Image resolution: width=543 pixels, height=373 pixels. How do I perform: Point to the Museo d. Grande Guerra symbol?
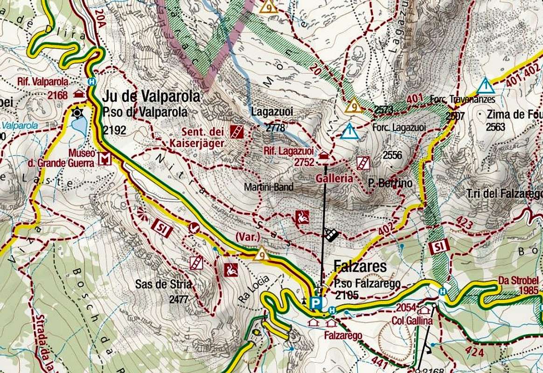click(x=106, y=160)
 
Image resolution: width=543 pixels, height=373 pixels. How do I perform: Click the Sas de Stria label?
click(x=158, y=284)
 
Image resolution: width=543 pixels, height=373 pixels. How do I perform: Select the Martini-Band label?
click(x=269, y=187)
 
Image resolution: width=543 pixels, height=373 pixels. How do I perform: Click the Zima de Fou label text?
click(x=513, y=114)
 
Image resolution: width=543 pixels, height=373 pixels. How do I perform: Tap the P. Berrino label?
click(x=390, y=183)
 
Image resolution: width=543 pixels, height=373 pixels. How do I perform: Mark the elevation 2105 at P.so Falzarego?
click(x=347, y=295)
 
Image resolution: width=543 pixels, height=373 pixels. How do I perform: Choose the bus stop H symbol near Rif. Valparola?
click(x=92, y=81)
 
